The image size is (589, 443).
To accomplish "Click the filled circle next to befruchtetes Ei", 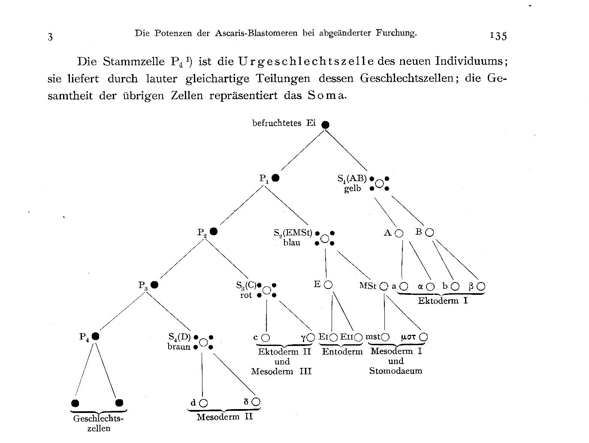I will point(326,125).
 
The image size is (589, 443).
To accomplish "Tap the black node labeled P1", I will point(275,178).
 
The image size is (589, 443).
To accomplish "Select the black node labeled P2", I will point(213,231).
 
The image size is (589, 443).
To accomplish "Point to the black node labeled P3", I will point(154,285).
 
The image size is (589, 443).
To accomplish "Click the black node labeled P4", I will point(96,337).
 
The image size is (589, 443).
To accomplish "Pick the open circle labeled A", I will point(399,234).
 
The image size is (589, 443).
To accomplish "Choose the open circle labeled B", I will point(429,233).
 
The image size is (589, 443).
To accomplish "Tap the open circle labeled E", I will point(328,285).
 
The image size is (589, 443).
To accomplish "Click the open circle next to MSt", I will point(384,286).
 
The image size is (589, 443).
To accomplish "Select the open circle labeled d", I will point(203,403).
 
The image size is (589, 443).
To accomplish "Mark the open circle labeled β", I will point(481,286).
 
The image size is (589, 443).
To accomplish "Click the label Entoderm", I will point(342,352).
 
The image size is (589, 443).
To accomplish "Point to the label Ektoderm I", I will point(443,300).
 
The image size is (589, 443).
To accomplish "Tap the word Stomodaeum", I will point(396,371).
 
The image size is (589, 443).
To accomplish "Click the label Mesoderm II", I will point(225,417).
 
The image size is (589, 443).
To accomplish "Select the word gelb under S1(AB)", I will point(353,188).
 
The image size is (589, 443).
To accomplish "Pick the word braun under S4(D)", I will point(179,347).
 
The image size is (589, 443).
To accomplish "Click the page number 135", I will point(498,36).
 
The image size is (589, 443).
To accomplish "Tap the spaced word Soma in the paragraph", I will point(326,96).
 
